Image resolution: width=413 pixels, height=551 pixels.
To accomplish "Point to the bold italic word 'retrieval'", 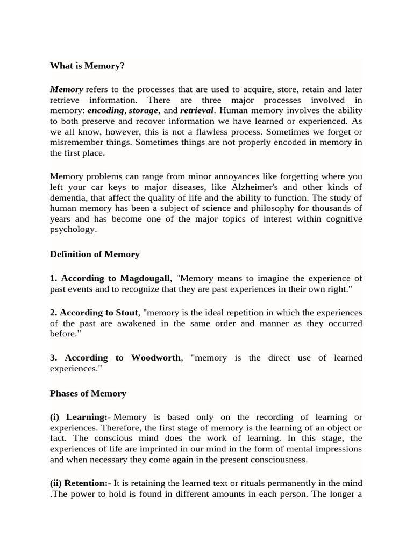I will [197, 110].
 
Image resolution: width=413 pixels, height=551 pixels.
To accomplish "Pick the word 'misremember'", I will [74, 142].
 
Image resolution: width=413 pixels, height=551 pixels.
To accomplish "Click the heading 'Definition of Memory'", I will [95, 254].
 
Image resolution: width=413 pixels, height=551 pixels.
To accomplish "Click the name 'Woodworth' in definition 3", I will [156, 358].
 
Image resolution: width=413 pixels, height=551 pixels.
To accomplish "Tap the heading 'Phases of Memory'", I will [88, 393].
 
